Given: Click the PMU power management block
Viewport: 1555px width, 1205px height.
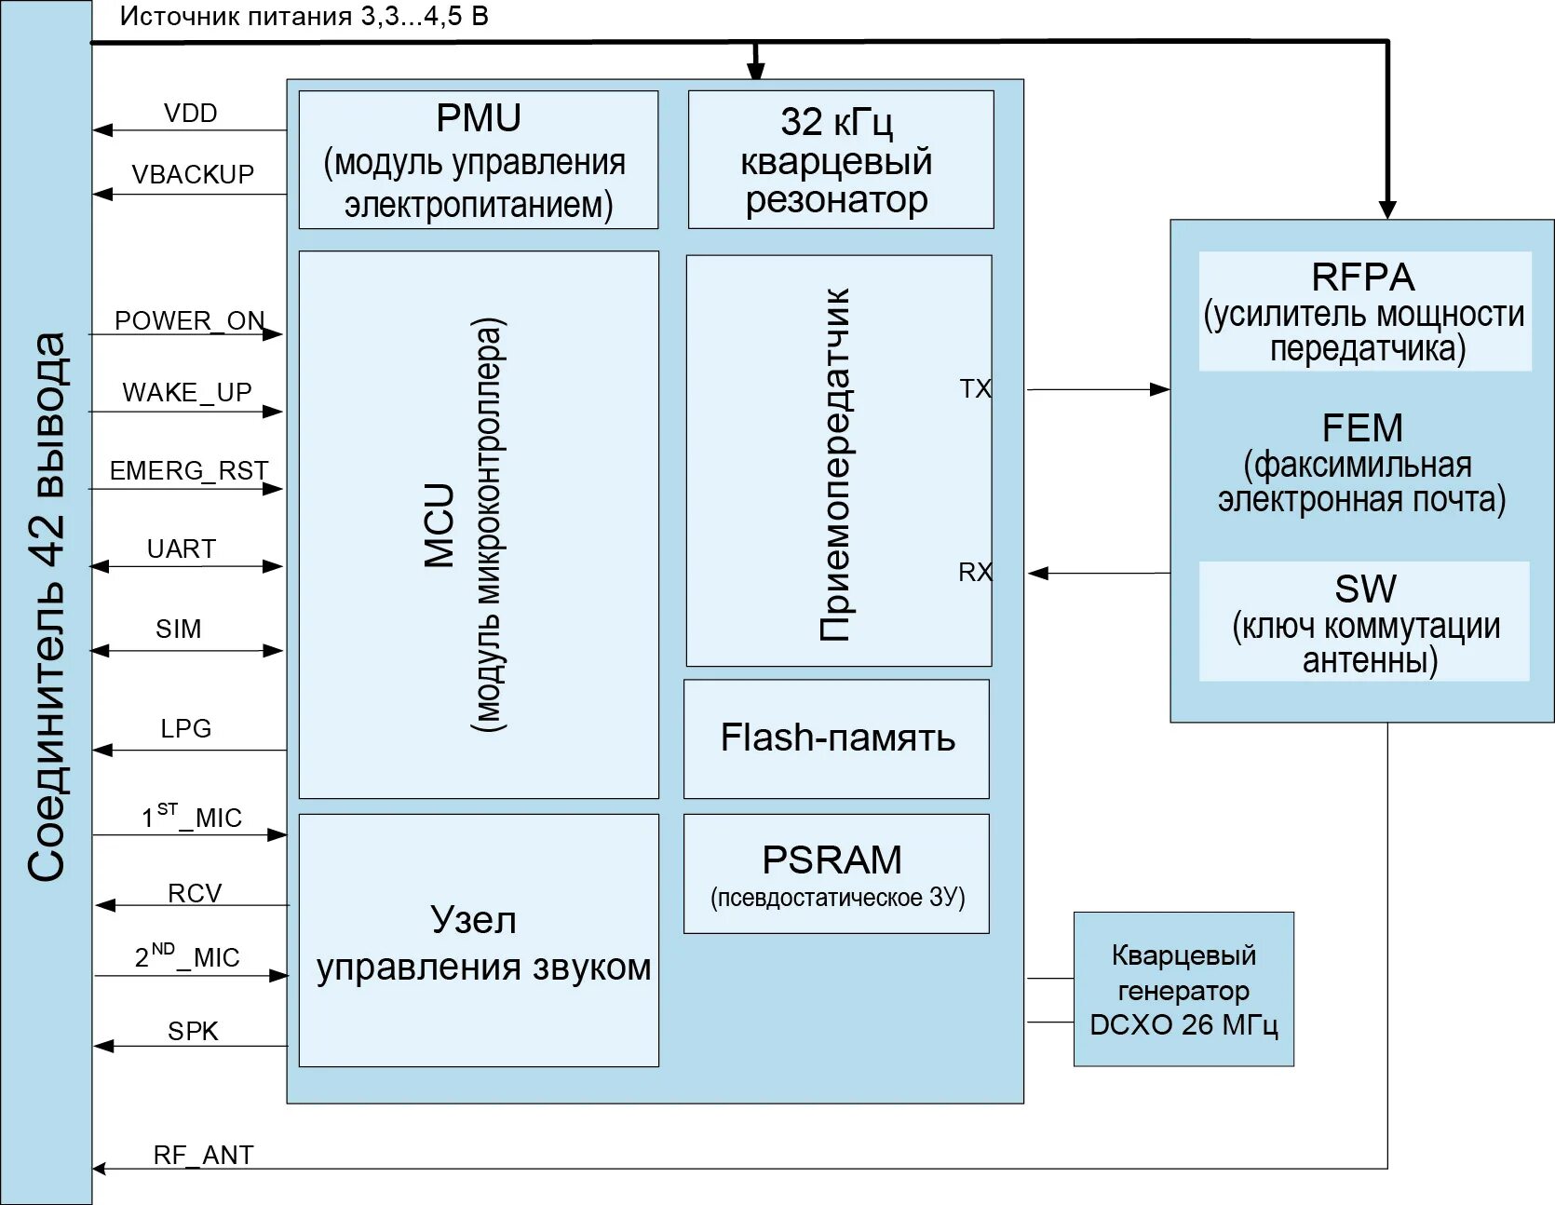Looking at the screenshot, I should click(478, 159).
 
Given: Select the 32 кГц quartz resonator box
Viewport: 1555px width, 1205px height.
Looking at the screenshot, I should click(840, 159).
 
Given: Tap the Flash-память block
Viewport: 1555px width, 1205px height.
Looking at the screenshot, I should click(836, 738).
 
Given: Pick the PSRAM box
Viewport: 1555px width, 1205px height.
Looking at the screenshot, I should click(835, 873).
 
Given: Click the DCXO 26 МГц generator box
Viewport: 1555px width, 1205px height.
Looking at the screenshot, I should click(1183, 989).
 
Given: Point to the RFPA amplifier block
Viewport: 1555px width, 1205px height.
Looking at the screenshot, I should click(1364, 311).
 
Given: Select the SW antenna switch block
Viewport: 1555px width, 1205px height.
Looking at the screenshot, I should click(1364, 621).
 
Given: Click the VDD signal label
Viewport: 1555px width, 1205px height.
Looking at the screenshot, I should click(191, 114).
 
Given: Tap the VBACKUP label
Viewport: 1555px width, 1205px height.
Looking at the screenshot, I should click(193, 175).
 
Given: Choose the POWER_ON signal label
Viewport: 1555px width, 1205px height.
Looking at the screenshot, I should click(190, 321).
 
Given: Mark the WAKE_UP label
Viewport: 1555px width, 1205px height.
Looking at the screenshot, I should click(187, 393).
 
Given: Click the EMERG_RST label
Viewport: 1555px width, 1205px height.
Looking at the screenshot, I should click(189, 471).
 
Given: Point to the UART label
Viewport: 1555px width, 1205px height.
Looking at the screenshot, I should click(182, 549).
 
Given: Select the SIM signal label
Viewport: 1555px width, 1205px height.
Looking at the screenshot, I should click(179, 630).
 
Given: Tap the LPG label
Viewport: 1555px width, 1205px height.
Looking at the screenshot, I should click(186, 729).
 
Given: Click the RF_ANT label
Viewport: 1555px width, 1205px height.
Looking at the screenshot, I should click(203, 1156).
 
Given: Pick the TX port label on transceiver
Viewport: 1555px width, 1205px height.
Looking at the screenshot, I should click(975, 389).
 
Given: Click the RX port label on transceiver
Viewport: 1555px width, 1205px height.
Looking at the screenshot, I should click(975, 573).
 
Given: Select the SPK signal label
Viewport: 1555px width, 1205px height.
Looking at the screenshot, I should click(193, 1032).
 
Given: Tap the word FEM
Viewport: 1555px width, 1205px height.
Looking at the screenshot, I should click(1362, 428).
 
